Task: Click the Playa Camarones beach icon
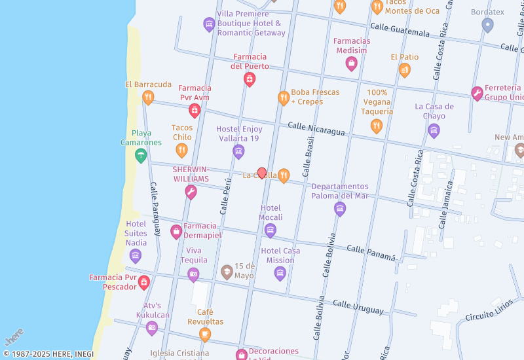[x=140, y=155]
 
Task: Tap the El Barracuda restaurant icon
[x=148, y=98]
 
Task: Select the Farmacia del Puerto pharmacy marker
[x=250, y=79]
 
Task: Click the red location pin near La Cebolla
[x=262, y=173]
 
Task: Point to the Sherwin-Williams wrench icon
[x=191, y=192]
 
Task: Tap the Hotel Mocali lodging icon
[x=271, y=230]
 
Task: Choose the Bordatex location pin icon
[x=487, y=25]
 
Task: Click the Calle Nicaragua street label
[x=316, y=128]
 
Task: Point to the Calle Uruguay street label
[x=358, y=306]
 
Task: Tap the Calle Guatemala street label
[x=400, y=29]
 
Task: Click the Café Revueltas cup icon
[x=205, y=335]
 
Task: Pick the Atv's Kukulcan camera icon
[x=152, y=328]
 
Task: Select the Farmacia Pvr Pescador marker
[x=144, y=283]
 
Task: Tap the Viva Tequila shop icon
[x=193, y=275]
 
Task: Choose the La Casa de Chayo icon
[x=434, y=131]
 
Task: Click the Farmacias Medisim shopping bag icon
[x=352, y=63]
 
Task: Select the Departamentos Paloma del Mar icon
[x=339, y=209]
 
